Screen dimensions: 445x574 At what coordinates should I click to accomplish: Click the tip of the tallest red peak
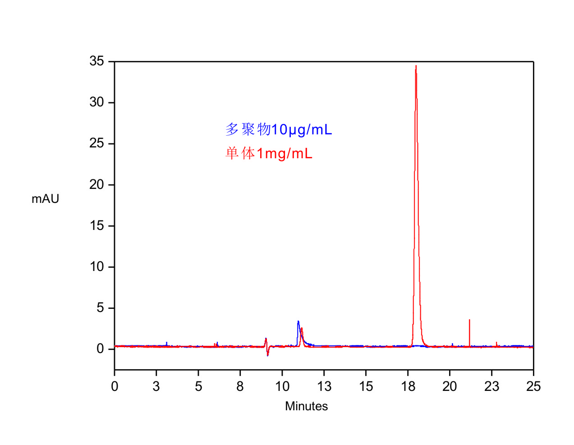[x=416, y=66]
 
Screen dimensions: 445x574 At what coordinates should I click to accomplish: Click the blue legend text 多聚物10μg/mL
[x=279, y=130]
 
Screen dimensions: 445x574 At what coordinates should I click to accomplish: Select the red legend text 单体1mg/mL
[x=269, y=154]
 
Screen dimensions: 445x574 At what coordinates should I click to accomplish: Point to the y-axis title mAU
[x=45, y=199]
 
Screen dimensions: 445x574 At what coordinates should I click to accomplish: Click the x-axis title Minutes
[x=306, y=406]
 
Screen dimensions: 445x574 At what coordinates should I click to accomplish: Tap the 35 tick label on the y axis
[x=96, y=61]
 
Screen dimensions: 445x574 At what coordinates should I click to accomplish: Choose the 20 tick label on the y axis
[x=96, y=184]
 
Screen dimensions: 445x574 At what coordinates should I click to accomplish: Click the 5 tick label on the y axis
[x=100, y=308]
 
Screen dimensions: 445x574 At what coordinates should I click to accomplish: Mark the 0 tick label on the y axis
[x=100, y=349]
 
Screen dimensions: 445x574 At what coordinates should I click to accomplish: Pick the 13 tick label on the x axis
[x=324, y=386]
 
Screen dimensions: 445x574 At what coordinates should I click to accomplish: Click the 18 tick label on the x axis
[x=408, y=386]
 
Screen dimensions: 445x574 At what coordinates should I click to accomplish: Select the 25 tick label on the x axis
[x=533, y=386]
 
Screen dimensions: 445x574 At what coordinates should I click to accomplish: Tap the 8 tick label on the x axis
[x=240, y=386]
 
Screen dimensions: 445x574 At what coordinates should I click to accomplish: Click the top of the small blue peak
[x=298, y=321]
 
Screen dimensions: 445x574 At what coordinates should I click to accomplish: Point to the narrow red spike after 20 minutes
[x=469, y=321]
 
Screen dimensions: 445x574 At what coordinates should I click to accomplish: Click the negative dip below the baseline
[x=267, y=355]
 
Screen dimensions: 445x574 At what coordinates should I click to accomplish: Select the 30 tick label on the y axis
[x=96, y=102]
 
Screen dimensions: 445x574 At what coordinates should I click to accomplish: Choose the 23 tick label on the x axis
[x=491, y=386]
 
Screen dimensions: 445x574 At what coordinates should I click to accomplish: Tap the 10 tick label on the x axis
[x=282, y=386]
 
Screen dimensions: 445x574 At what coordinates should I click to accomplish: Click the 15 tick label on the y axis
[x=96, y=225]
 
